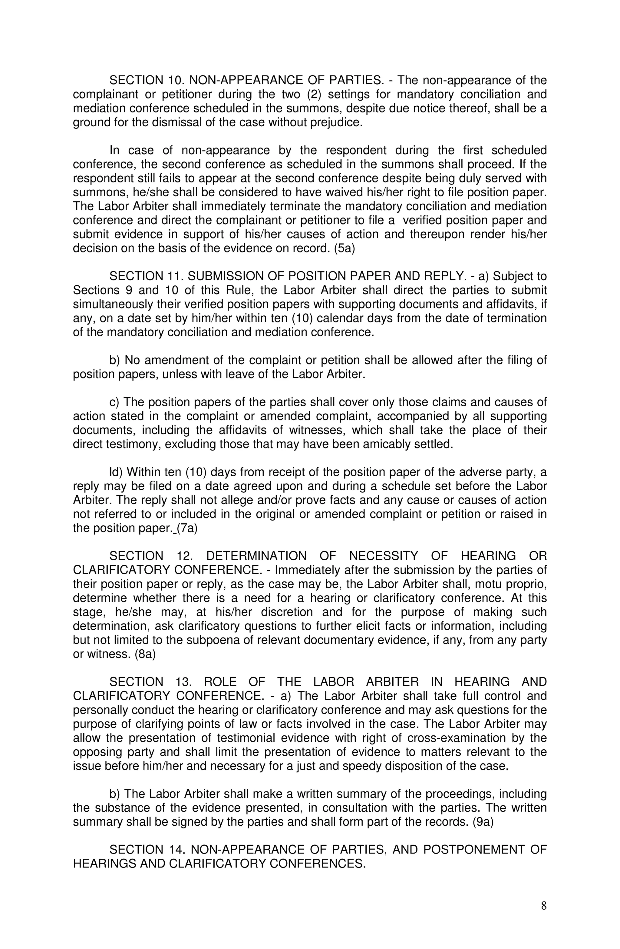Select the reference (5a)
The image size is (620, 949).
pyautogui.click(x=344, y=248)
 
